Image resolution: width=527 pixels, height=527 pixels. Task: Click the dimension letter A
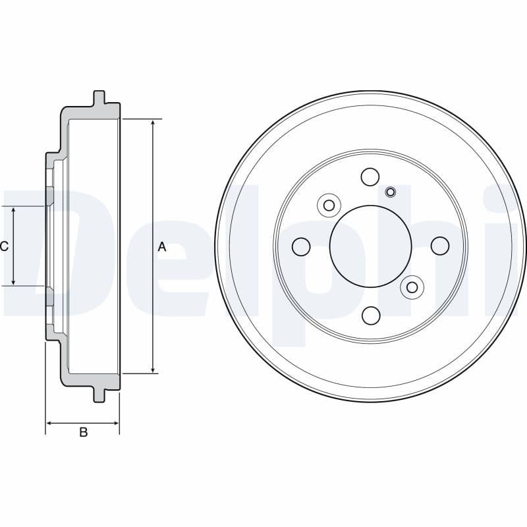point(162,247)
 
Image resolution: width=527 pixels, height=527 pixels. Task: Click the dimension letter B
point(84,432)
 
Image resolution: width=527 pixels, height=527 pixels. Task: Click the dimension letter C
point(4,246)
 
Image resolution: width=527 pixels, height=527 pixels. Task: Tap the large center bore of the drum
point(370,246)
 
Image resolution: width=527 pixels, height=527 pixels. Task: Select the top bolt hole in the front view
point(370,177)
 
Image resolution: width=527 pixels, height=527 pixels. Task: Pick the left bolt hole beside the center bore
point(301,246)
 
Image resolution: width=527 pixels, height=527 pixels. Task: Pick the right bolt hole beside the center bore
point(439,246)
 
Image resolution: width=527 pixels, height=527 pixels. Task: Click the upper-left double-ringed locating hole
point(328,205)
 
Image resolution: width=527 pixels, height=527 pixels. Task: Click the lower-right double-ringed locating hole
point(412,287)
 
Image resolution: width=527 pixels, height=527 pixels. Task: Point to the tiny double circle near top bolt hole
point(390,192)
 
